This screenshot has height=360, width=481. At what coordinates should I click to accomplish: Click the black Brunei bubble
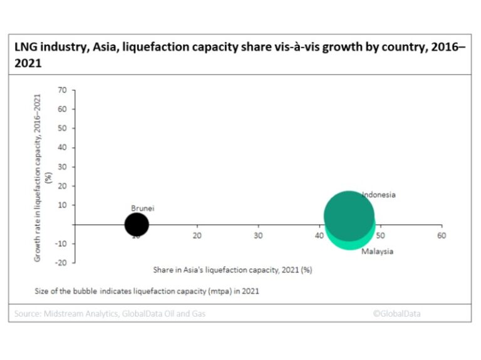coord(137,224)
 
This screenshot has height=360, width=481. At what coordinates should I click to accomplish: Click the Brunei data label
coord(142,208)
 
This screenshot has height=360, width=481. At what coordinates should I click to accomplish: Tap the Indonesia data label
coord(380,195)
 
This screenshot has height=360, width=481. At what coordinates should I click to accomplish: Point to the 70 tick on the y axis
coord(62,90)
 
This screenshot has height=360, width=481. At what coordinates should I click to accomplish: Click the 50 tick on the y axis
coord(62,128)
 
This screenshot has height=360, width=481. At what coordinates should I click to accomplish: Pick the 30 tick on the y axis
coord(62,167)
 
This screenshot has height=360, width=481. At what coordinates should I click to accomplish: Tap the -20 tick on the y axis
coord(61,262)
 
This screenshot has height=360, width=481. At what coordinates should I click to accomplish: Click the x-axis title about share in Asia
coord(232,270)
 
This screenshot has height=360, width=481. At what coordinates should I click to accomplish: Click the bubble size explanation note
coord(147,291)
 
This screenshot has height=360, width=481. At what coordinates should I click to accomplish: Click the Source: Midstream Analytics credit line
coord(109,314)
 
